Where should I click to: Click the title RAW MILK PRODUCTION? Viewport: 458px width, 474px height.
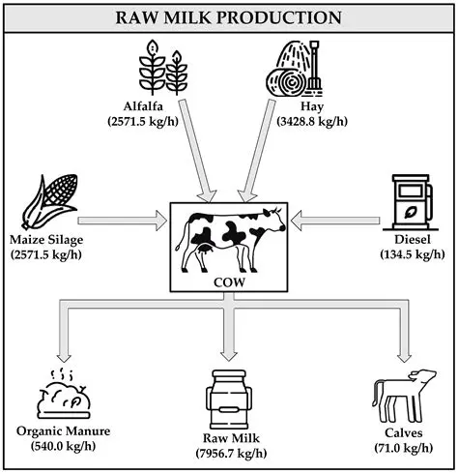(x=229, y=16)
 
